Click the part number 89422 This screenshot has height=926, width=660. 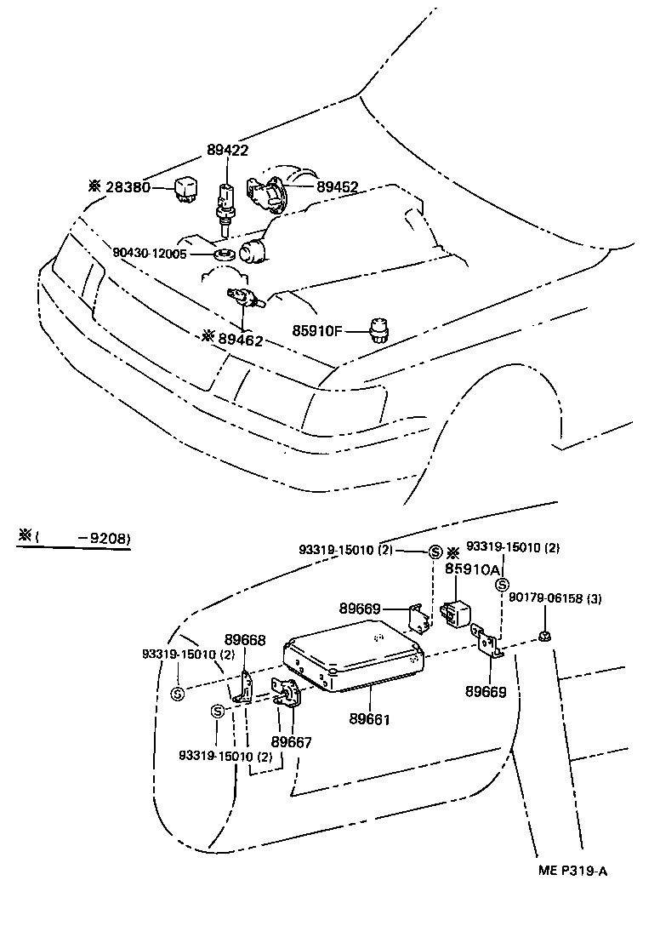[227, 151]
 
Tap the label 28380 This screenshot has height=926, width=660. [128, 186]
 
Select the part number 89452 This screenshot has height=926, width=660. [337, 186]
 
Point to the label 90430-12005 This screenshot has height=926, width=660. [161, 253]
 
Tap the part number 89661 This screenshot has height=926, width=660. [368, 719]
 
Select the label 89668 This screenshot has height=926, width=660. [245, 640]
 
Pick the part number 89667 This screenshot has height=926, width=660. [291, 742]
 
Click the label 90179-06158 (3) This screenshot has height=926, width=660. [555, 598]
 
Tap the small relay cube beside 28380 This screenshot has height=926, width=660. [187, 188]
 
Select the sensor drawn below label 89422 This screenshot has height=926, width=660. [225, 204]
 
